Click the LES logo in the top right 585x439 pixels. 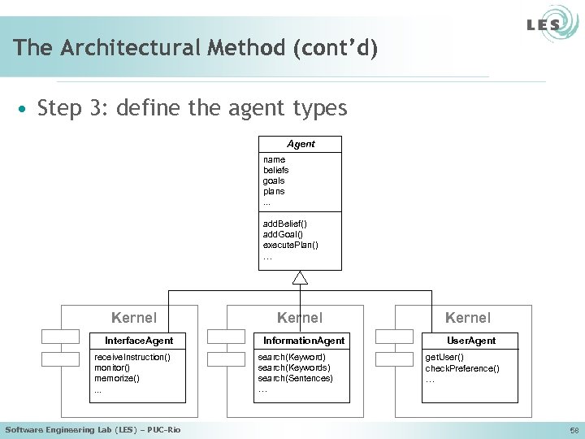tap(544, 24)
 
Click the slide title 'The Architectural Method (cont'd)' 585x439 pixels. tap(195, 48)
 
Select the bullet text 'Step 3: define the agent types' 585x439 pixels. tap(192, 107)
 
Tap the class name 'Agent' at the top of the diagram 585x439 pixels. tap(301, 144)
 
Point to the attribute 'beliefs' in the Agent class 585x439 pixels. tap(275, 170)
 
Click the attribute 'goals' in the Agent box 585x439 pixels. tap(274, 180)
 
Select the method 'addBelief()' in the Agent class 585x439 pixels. tap(285, 223)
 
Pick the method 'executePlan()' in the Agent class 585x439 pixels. tap(290, 244)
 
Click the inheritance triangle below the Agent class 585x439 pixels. tap(301, 278)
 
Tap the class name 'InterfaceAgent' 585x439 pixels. tap(139, 340)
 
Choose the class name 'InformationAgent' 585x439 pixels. tap(303, 340)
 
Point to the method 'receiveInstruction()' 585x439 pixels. tap(132, 357)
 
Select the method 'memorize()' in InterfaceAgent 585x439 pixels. tap(117, 378)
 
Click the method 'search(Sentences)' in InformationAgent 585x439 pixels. tap(295, 378)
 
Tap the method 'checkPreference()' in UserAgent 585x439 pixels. tap(462, 368)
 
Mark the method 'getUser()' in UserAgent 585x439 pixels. tap(444, 357)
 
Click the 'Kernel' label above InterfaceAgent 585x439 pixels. tap(134, 318)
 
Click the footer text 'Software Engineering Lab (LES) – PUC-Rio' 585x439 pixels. tap(93, 429)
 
